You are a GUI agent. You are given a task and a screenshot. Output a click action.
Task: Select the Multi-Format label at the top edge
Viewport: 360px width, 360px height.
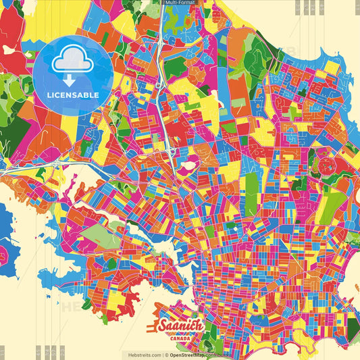[180, 3]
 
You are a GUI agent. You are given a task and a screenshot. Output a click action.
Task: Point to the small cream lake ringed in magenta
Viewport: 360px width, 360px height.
[191, 162]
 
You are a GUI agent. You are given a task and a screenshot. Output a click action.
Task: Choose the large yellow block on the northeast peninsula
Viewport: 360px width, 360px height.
[332, 68]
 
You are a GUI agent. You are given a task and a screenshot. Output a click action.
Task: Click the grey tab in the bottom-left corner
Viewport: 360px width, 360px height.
[3, 353]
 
